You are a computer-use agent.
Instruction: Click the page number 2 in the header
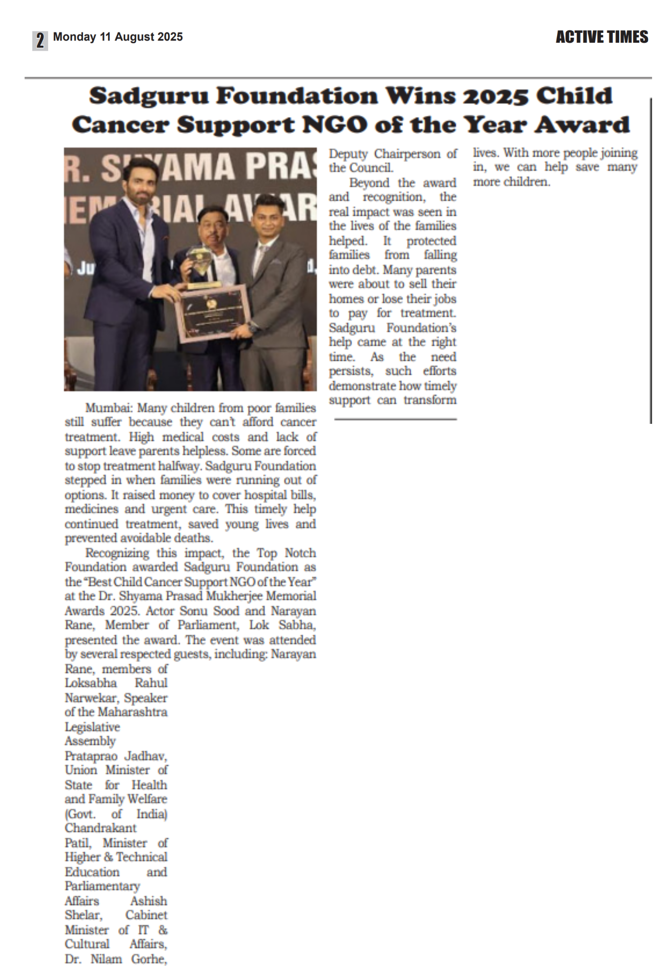click(x=40, y=40)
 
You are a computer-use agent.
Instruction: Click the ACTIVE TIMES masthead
click(x=601, y=37)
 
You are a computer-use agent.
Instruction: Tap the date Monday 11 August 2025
click(x=118, y=37)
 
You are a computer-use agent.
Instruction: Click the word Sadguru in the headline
click(x=149, y=96)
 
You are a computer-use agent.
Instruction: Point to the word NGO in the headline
click(x=335, y=125)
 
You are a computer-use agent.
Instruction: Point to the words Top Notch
click(x=286, y=553)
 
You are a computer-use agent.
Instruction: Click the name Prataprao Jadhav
click(x=116, y=756)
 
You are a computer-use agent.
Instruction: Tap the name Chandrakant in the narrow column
click(x=100, y=828)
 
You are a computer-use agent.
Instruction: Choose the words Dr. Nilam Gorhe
click(x=116, y=959)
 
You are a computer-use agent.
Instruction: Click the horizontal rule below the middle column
click(x=395, y=419)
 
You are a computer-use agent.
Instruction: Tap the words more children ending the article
click(x=511, y=182)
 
